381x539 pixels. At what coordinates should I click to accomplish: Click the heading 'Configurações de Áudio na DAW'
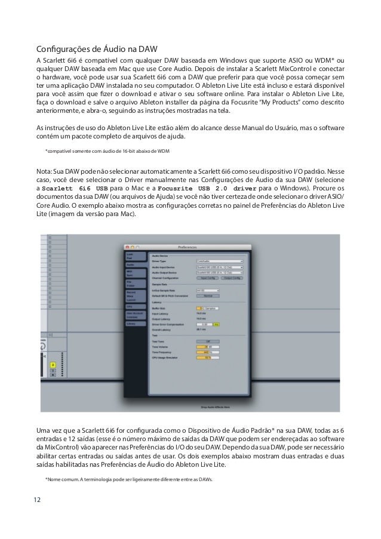(x=96, y=48)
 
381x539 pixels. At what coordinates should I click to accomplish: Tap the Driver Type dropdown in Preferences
(x=219, y=261)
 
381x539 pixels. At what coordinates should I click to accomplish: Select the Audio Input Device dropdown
(x=219, y=267)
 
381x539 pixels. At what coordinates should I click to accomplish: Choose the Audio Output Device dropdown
(x=219, y=272)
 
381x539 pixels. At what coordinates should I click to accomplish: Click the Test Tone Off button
(x=207, y=341)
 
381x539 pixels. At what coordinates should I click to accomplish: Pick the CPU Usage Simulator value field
(x=207, y=358)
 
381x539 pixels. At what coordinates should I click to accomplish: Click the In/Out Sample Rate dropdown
(x=207, y=290)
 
